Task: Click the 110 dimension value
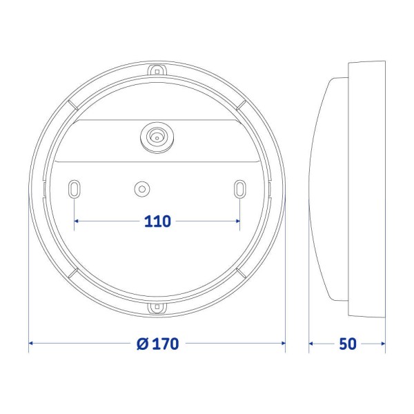(x=158, y=221)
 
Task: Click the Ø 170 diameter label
(x=158, y=343)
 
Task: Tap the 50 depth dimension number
(x=348, y=343)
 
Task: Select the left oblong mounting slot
(x=75, y=190)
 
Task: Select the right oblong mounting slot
(x=239, y=190)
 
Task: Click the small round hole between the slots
(x=142, y=188)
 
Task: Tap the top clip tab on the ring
(x=157, y=70)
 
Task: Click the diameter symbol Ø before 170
(x=143, y=343)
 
